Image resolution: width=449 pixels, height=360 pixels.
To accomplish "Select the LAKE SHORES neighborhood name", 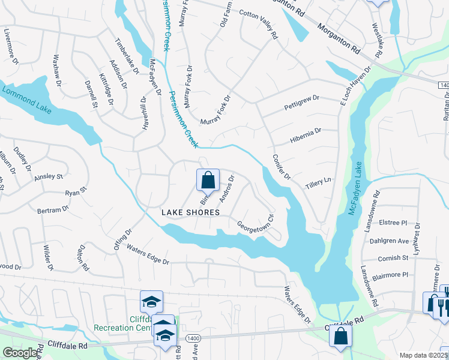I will click(x=191, y=212).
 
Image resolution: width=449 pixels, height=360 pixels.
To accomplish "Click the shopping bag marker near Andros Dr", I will click(x=208, y=179).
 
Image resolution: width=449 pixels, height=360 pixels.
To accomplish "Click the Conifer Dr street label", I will click(x=281, y=167).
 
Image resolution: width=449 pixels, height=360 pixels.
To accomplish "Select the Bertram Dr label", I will click(x=53, y=210).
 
